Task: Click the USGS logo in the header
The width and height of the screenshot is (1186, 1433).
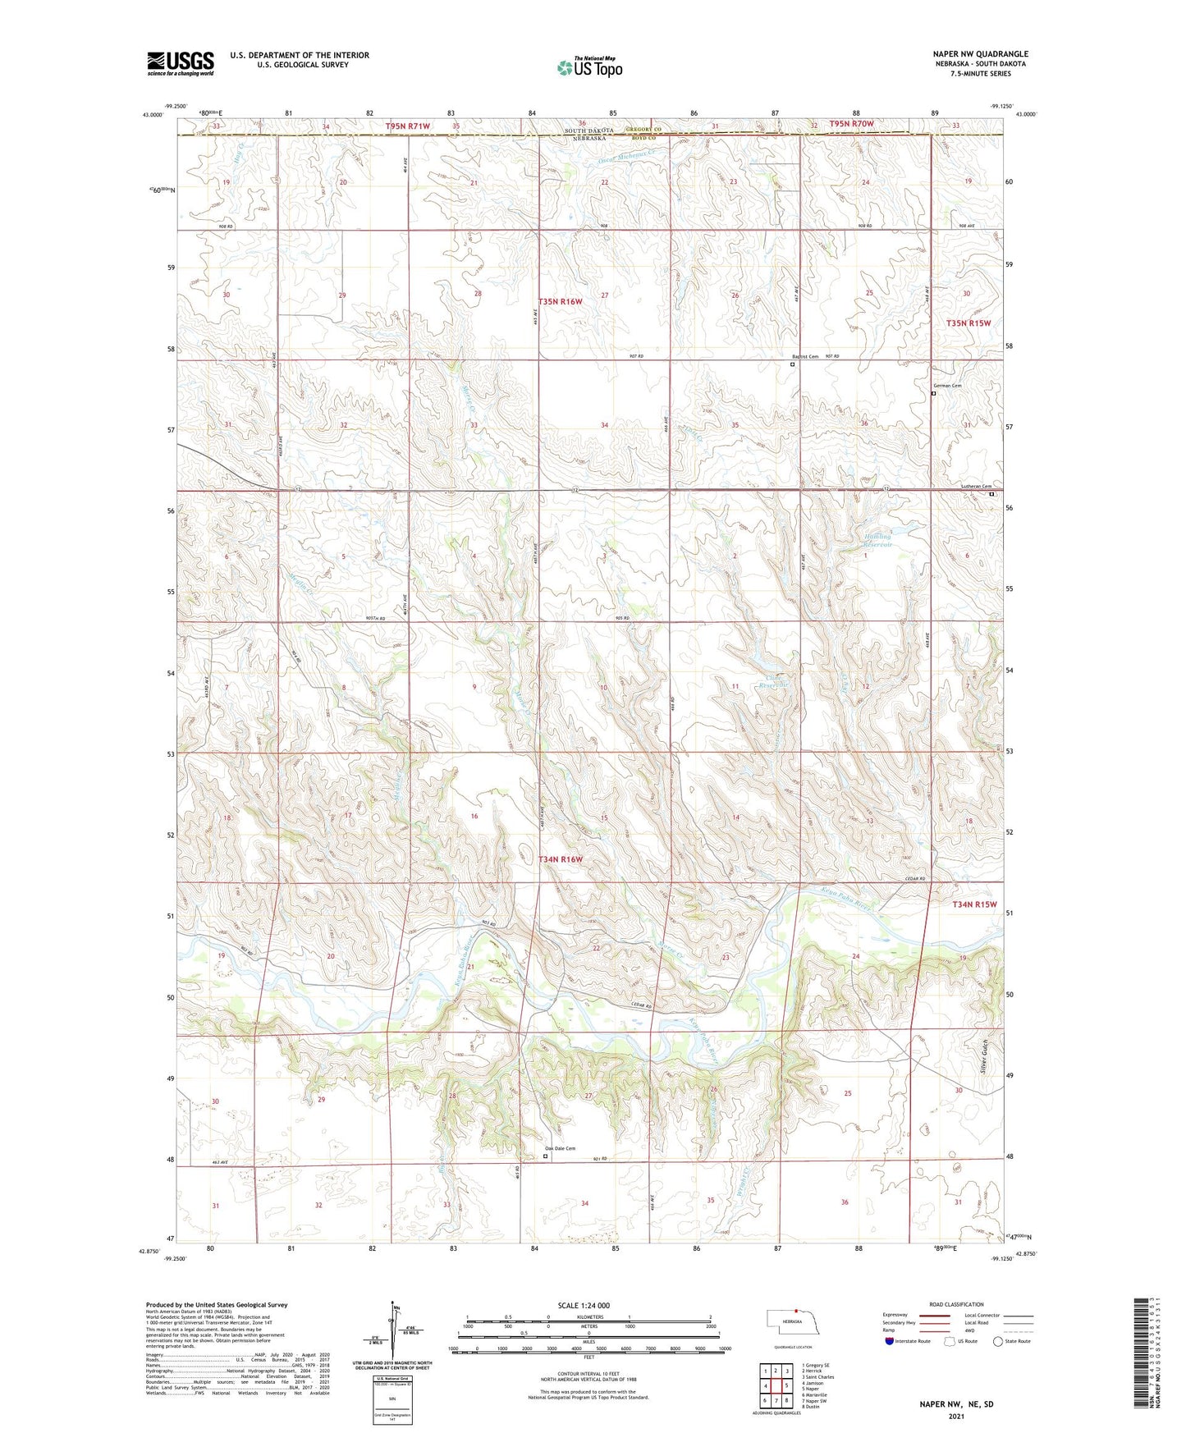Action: pyautogui.click(x=181, y=63)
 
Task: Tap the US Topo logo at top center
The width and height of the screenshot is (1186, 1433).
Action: pyautogui.click(x=589, y=67)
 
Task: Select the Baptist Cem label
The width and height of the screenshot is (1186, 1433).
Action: pyautogui.click(x=805, y=356)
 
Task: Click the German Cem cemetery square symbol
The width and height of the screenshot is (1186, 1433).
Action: pyautogui.click(x=934, y=393)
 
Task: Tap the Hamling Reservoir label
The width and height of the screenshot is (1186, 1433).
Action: pyautogui.click(x=877, y=540)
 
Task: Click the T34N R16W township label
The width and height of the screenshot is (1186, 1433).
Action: pyautogui.click(x=561, y=859)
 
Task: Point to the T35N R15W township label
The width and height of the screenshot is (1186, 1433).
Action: pyautogui.click(x=968, y=323)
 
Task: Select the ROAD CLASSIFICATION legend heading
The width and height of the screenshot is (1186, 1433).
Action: pyautogui.click(x=956, y=1304)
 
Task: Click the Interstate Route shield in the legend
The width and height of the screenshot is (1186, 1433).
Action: pyautogui.click(x=890, y=1341)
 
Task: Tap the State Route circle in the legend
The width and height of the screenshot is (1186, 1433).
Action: pyautogui.click(x=998, y=1341)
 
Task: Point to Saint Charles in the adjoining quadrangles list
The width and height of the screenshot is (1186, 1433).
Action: pyautogui.click(x=817, y=1377)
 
